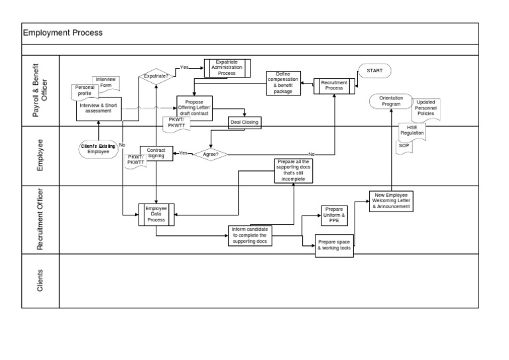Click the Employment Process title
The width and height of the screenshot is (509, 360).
[x=63, y=33]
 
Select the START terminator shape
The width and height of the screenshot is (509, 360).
[x=374, y=70]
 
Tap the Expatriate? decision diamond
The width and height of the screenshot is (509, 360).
[x=156, y=76]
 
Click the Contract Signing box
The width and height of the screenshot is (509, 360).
[x=156, y=153]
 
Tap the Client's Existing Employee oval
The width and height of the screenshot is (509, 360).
[x=98, y=149]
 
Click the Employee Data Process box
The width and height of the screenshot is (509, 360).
[x=156, y=215]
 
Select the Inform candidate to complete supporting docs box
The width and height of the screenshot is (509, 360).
[x=249, y=235]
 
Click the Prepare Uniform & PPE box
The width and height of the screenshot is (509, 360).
[x=334, y=215]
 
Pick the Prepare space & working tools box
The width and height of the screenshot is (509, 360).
[x=335, y=245]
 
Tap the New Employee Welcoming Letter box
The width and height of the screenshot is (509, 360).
[x=391, y=201]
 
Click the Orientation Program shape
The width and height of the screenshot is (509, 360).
[x=391, y=101]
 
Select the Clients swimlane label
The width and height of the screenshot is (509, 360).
[x=40, y=280]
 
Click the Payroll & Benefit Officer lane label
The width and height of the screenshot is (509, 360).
[x=40, y=91]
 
